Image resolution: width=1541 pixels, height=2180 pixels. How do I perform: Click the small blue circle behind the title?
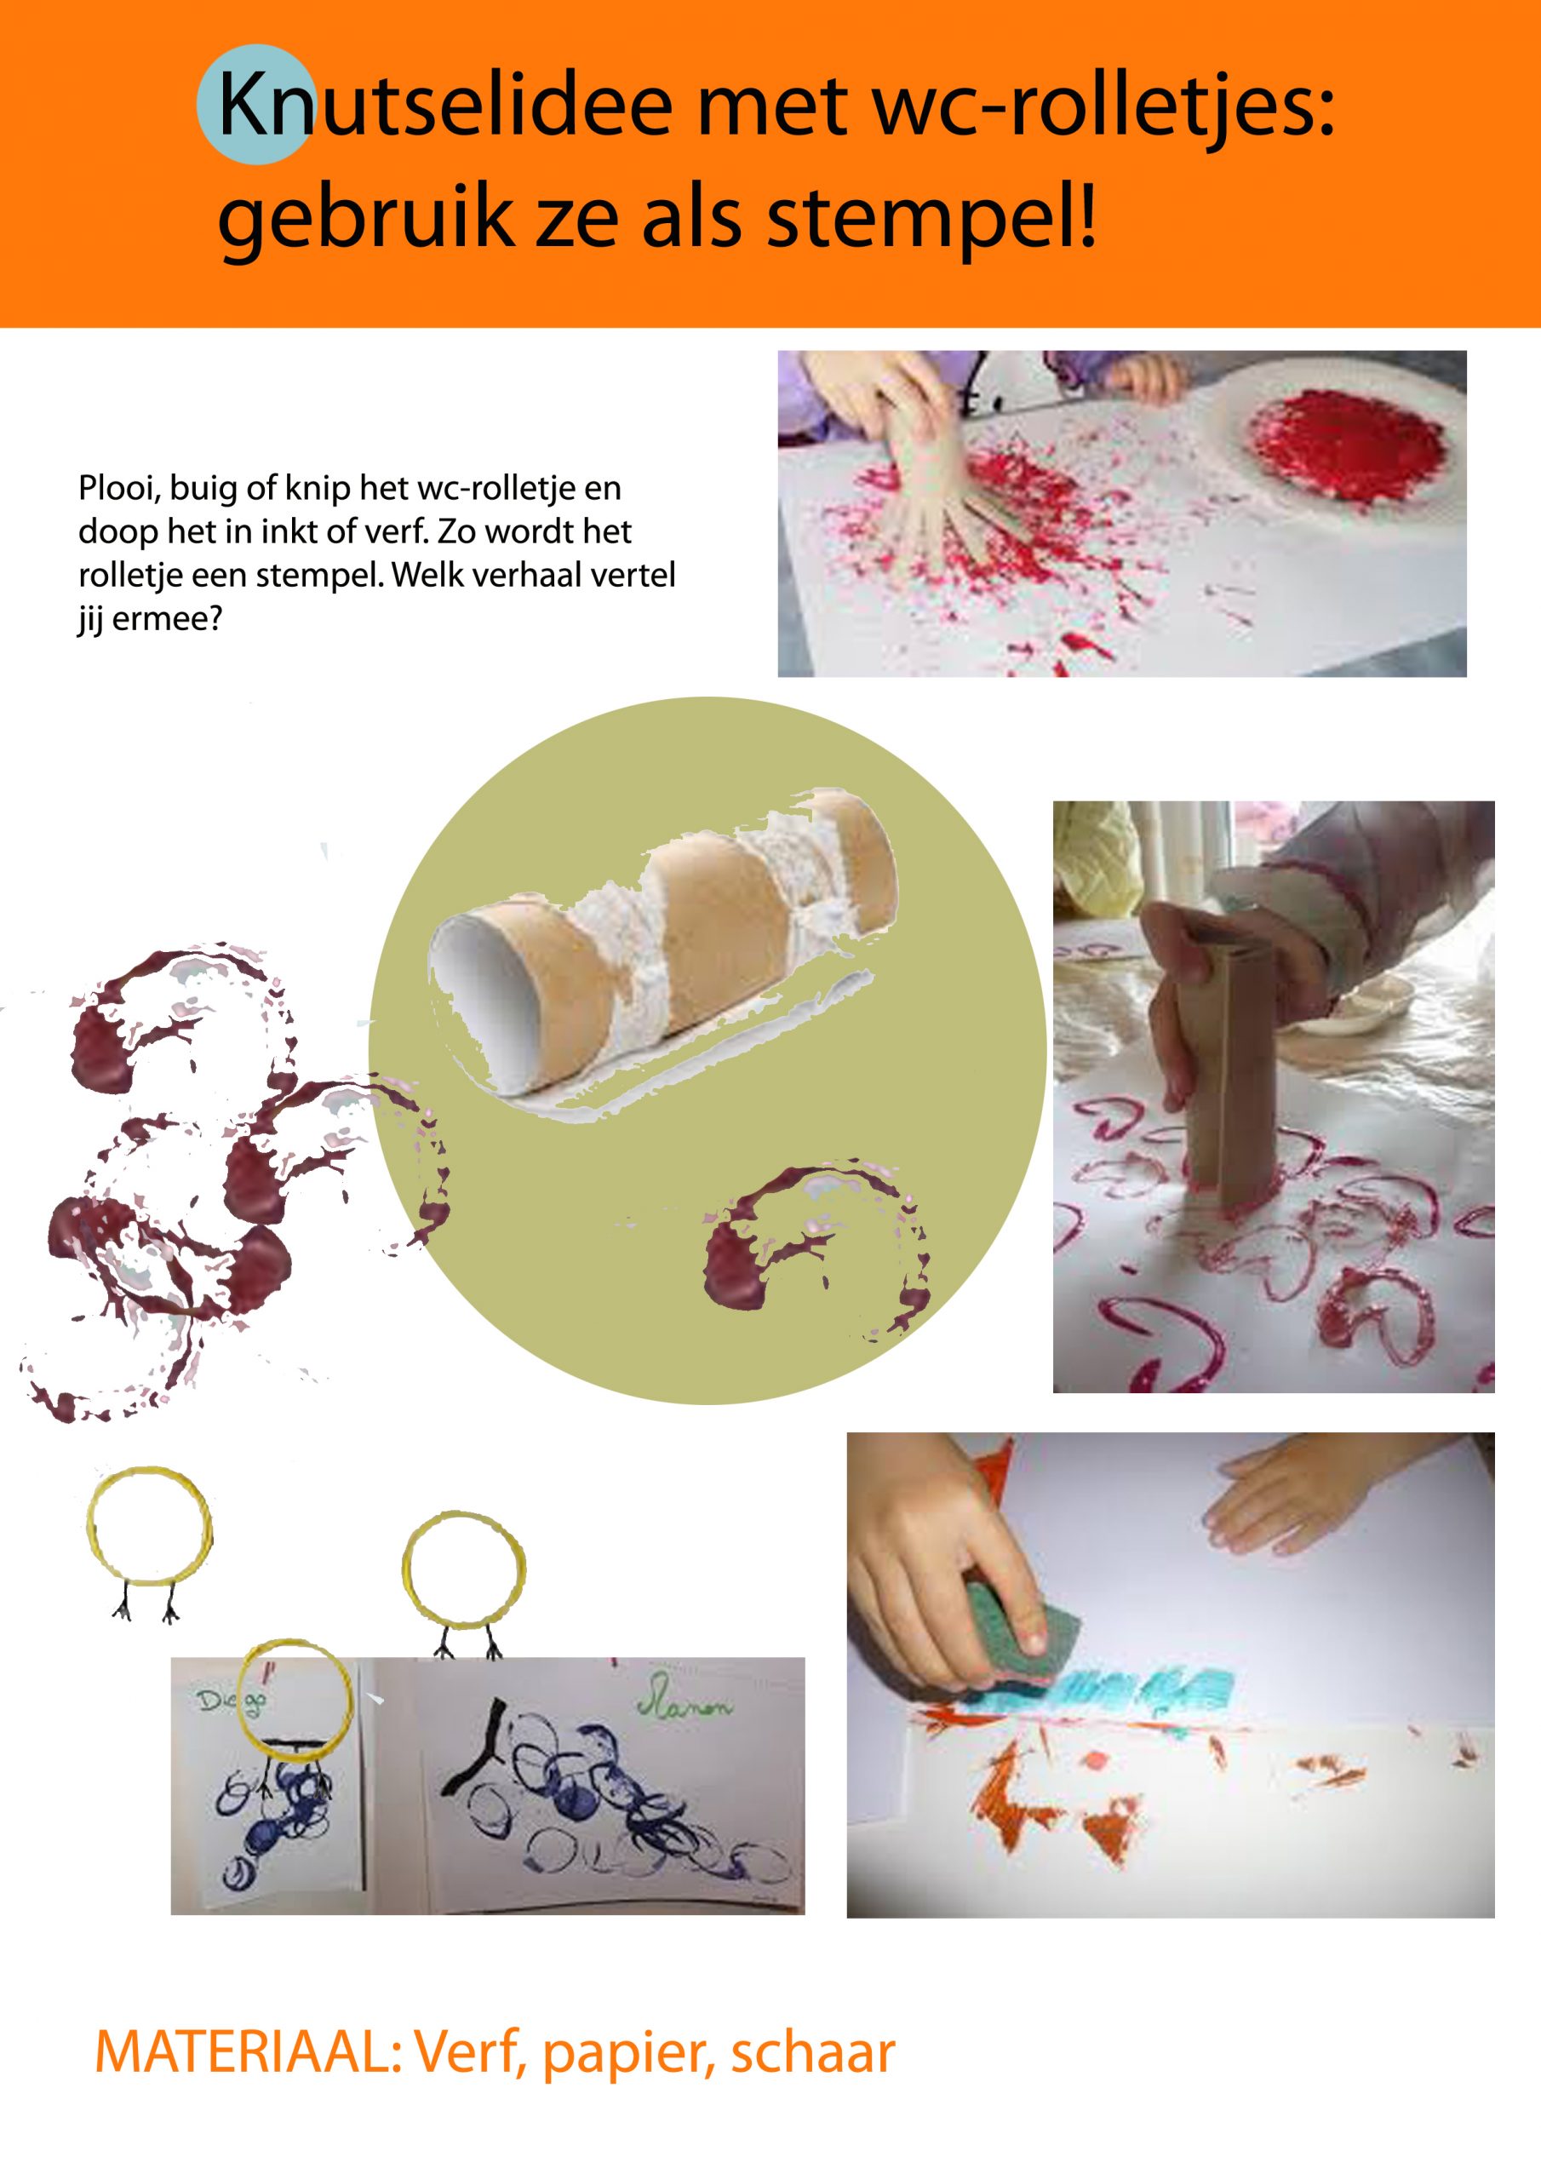pyautogui.click(x=255, y=105)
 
